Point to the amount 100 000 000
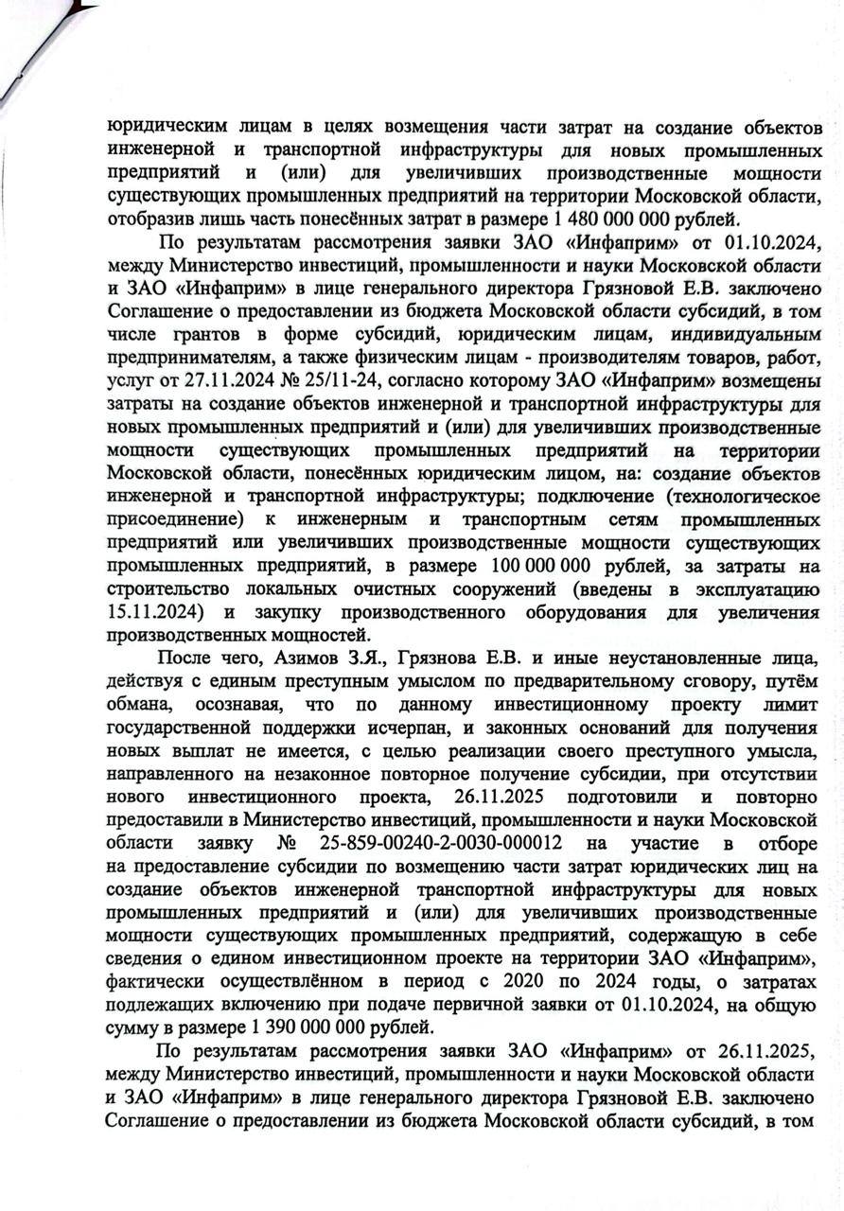[x=541, y=567]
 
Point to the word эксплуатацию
[x=757, y=589]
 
